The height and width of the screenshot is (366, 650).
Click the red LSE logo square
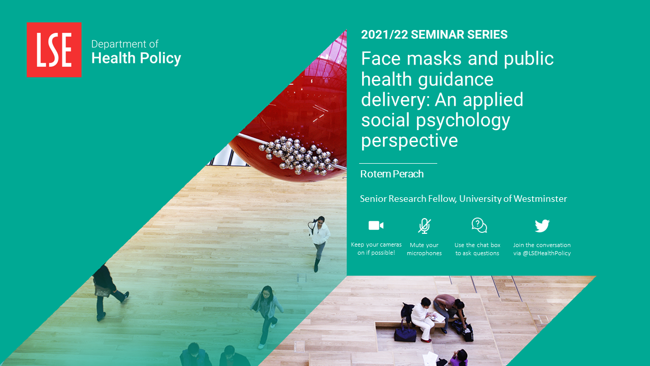[54, 50]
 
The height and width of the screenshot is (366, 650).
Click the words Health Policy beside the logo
[136, 58]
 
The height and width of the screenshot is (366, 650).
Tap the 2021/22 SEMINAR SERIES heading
[434, 35]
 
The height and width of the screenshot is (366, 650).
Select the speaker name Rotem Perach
[392, 174]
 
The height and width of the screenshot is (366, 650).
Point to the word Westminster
[540, 199]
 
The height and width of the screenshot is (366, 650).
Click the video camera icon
[376, 225]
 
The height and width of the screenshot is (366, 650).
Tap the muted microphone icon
[424, 226]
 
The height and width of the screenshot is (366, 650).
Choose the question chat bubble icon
[479, 225]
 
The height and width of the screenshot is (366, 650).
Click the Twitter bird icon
[542, 226]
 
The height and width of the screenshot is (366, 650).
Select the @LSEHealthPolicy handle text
[547, 253]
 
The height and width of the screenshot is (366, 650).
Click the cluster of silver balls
[298, 156]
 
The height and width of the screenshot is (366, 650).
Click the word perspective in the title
[409, 141]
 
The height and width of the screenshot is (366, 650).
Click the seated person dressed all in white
[423, 319]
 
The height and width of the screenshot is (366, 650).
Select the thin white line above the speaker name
[398, 164]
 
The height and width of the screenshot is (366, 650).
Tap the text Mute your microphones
[424, 249]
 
